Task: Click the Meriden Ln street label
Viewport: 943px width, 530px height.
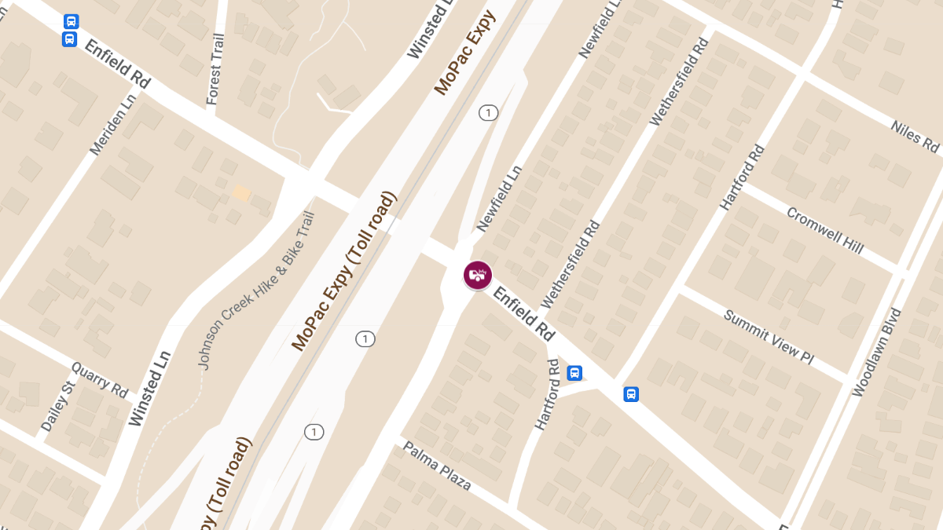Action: (112, 126)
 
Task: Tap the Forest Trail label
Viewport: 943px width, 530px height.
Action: (215, 69)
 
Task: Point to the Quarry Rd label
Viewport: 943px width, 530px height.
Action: (100, 379)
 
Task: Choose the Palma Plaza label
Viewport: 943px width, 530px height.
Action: (437, 466)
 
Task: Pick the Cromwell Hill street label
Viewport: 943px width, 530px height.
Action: (824, 230)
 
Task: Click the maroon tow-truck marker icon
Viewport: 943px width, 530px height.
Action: (477, 275)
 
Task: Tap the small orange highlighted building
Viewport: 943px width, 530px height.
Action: (241, 192)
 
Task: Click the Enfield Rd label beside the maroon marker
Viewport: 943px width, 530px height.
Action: (523, 313)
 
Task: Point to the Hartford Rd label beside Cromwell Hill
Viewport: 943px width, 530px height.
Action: (742, 177)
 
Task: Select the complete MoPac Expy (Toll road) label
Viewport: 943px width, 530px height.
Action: (344, 271)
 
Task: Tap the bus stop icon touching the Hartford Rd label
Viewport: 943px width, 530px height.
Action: (574, 373)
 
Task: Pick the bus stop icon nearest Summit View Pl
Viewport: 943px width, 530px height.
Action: (630, 393)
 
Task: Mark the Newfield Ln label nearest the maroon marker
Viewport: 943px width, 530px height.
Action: (499, 199)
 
